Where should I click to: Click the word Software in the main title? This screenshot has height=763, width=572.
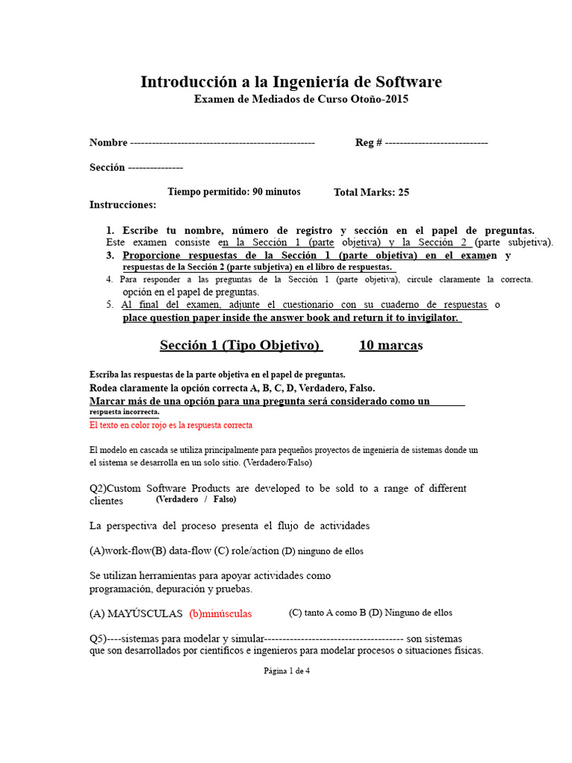pyautogui.click(x=403, y=82)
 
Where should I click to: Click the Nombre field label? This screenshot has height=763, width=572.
pyautogui.click(x=108, y=142)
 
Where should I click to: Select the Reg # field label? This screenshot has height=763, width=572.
pyautogui.click(x=369, y=142)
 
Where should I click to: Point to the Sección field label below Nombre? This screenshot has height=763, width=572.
pyautogui.click(x=107, y=168)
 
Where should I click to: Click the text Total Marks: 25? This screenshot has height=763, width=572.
pyautogui.click(x=371, y=192)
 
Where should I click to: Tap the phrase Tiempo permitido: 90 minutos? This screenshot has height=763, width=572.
pyautogui.click(x=234, y=191)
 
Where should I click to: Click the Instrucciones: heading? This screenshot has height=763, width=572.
pyautogui.click(x=123, y=205)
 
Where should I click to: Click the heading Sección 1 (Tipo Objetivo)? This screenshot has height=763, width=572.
pyautogui.click(x=241, y=345)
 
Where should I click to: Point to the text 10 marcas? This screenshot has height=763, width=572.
pyautogui.click(x=390, y=345)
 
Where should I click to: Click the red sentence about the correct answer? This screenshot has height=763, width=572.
pyautogui.click(x=171, y=425)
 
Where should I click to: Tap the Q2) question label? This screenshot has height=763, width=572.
pyautogui.click(x=100, y=489)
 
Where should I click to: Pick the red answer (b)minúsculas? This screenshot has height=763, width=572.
pyautogui.click(x=220, y=614)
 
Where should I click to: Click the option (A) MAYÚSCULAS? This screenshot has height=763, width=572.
pyautogui.click(x=136, y=614)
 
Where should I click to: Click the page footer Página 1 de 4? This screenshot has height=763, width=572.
pyautogui.click(x=287, y=671)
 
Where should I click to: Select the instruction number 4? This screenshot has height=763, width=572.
pyautogui.click(x=109, y=279)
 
